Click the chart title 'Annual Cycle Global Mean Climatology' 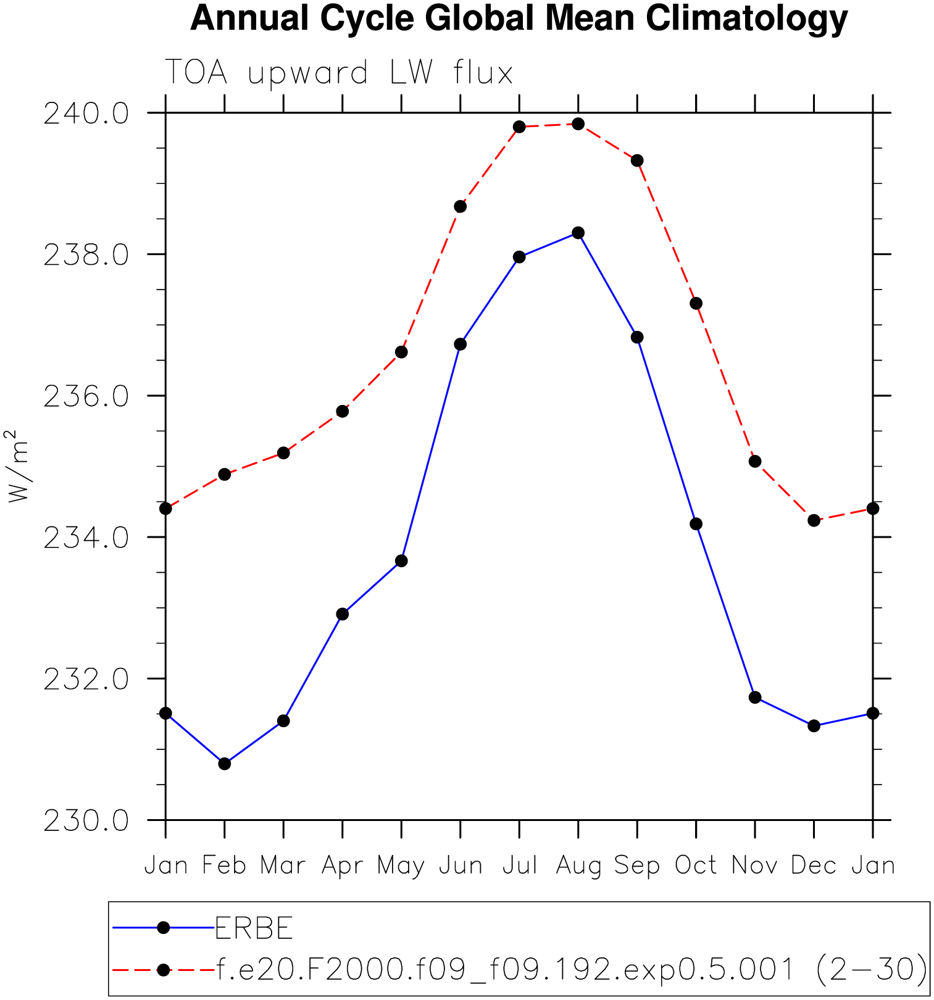click(519, 19)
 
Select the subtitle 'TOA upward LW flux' click(338, 73)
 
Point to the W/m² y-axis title click(18, 466)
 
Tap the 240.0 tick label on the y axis click(86, 114)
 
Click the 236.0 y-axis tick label click(86, 396)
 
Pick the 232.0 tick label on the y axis click(86, 679)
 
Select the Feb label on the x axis click(224, 865)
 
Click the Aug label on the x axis click(578, 865)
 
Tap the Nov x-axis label click(754, 865)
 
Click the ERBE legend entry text click(254, 928)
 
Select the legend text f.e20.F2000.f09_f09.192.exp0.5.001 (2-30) click(572, 969)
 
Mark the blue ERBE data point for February click(225, 764)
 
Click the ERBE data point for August click(578, 233)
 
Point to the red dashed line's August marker click(578, 124)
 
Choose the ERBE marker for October click(696, 524)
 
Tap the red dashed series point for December click(814, 520)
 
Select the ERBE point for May click(401, 560)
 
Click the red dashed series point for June click(460, 206)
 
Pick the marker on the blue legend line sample click(164, 927)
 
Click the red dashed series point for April click(343, 411)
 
